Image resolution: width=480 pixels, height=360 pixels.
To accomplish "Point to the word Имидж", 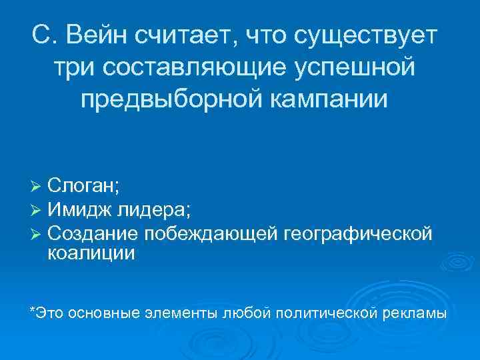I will (x=79, y=211).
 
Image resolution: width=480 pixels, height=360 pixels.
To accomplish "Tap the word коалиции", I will (x=91, y=253).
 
